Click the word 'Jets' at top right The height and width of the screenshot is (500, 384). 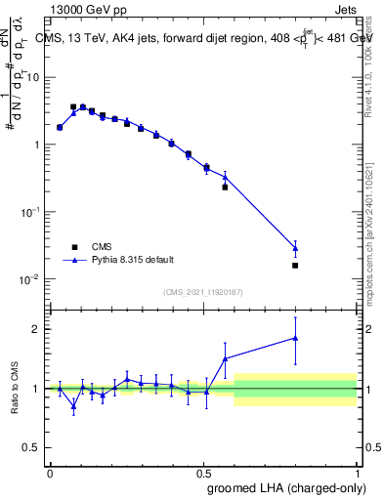tap(347, 10)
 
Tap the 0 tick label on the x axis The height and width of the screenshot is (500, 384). tap(50, 473)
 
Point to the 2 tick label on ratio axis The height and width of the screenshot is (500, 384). tap(38, 329)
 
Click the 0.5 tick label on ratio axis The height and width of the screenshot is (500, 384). tap(33, 447)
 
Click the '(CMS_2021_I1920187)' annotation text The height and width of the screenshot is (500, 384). tap(202, 291)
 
